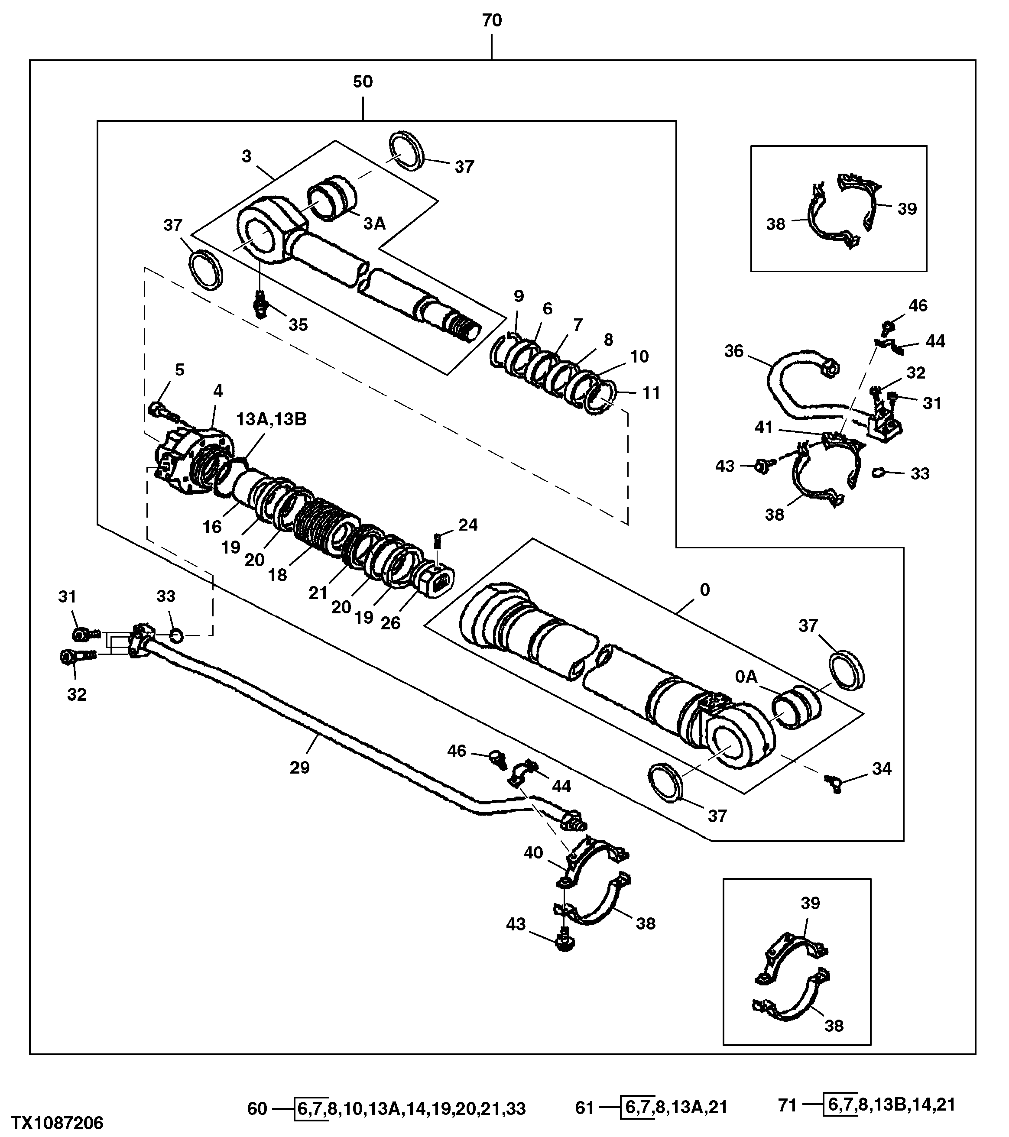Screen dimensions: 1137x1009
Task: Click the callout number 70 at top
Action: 492,21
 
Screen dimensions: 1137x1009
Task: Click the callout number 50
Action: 363,82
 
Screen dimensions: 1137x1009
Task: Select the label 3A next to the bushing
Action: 374,224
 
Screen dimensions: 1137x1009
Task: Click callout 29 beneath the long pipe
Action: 299,768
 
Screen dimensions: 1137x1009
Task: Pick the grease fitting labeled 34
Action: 833,783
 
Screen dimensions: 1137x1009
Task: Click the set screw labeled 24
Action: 437,540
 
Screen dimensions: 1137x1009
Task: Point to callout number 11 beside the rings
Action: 651,393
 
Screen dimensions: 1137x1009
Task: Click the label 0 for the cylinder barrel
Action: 704,589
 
